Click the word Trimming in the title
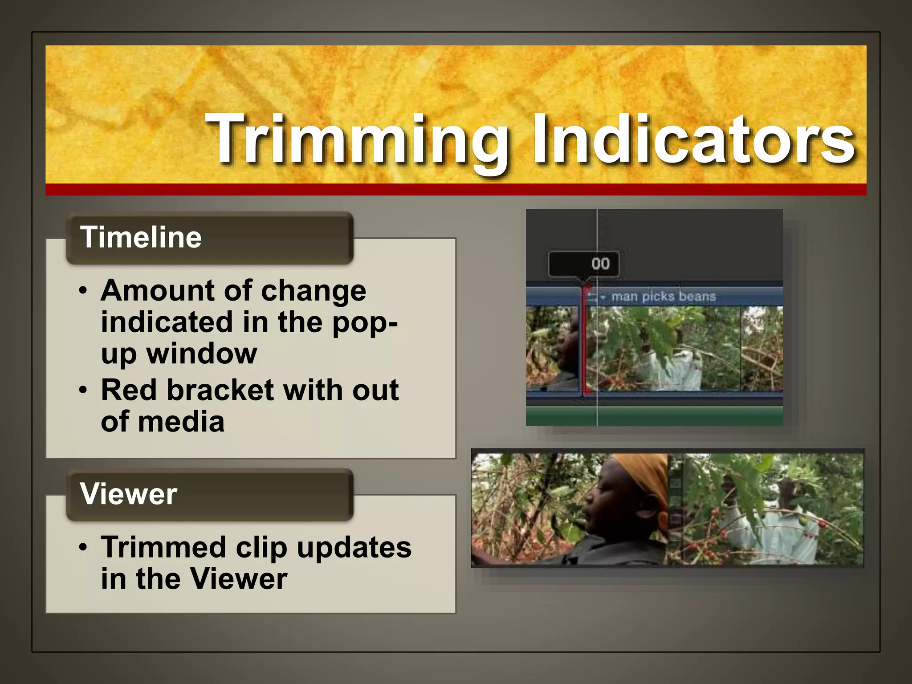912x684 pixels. coord(356,139)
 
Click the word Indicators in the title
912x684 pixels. coord(692,139)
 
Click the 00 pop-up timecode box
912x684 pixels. coord(583,264)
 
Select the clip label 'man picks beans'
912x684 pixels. coord(664,297)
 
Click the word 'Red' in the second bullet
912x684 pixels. coord(129,391)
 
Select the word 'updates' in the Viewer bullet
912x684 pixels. coord(354,547)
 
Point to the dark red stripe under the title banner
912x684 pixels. coord(456,190)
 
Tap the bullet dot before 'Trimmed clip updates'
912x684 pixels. coord(83,547)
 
